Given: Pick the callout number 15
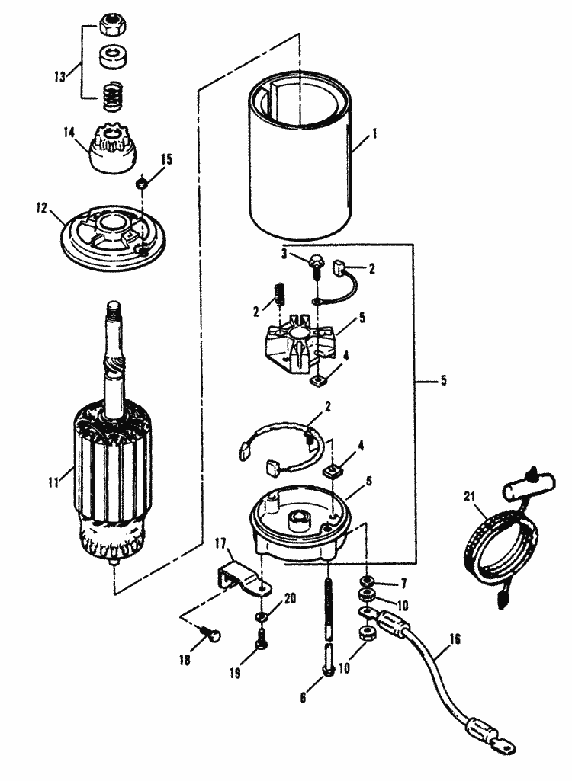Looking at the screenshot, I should click(x=166, y=159).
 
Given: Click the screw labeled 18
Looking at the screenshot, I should click(x=213, y=632).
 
